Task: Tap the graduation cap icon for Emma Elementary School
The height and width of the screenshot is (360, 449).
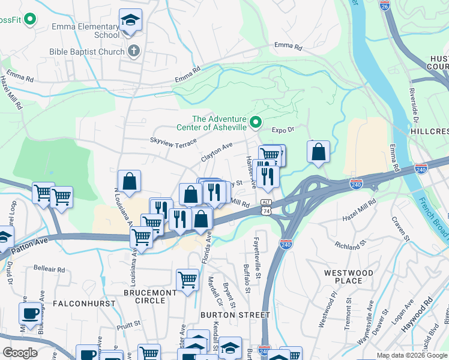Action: (x=130, y=20)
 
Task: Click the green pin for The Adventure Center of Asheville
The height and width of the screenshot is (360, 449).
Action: (x=255, y=123)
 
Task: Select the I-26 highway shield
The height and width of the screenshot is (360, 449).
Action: (x=385, y=5)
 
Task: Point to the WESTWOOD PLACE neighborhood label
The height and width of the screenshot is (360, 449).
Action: (x=348, y=277)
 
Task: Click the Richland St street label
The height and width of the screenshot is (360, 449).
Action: (x=351, y=245)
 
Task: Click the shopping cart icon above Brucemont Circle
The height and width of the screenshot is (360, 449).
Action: (x=187, y=279)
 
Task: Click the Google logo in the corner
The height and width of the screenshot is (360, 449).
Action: (x=20, y=353)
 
